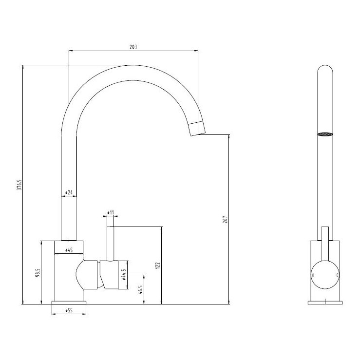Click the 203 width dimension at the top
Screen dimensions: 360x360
(x=133, y=47)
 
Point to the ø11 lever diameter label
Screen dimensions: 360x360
(x=110, y=213)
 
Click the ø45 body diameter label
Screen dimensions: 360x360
(x=68, y=251)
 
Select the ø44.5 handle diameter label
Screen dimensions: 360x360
(x=124, y=276)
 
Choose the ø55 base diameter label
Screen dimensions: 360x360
(x=69, y=309)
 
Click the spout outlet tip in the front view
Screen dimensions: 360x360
(x=197, y=129)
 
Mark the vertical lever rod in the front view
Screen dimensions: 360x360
(x=110, y=239)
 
